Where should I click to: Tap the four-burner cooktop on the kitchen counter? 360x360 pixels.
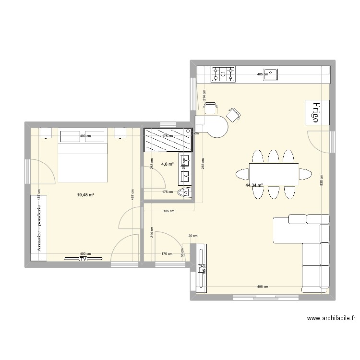(x=224, y=74)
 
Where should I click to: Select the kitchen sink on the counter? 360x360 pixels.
(x=272, y=74)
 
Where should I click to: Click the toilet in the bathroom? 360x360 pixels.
(x=183, y=193)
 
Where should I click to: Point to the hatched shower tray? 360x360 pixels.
(x=167, y=140)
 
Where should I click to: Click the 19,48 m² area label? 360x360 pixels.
(x=85, y=195)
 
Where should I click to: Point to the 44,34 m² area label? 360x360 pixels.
(x=254, y=185)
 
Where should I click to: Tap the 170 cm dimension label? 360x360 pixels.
(x=167, y=254)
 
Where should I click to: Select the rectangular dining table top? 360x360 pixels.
(x=273, y=172)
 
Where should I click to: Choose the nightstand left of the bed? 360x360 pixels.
(x=47, y=132)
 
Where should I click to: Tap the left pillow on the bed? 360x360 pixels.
(x=71, y=135)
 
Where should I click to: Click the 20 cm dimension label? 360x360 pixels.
(x=192, y=236)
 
